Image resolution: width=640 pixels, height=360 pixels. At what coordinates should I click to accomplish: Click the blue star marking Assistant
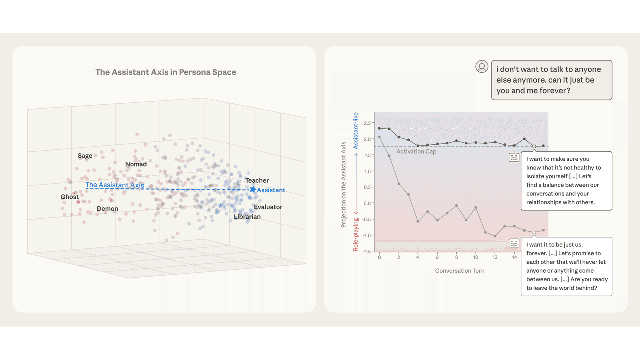pyautogui.click(x=253, y=189)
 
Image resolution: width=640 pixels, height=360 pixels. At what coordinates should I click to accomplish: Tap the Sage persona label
pyautogui.click(x=85, y=156)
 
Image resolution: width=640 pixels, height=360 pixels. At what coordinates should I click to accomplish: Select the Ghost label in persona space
pyautogui.click(x=70, y=197)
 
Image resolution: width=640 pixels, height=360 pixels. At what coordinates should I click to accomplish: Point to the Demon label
pyautogui.click(x=107, y=209)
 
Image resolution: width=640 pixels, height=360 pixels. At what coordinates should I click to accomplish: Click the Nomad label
pyautogui.click(x=136, y=164)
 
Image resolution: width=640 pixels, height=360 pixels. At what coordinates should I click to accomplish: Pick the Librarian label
pyautogui.click(x=247, y=217)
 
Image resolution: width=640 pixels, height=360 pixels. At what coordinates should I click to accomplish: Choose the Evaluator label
pyautogui.click(x=268, y=207)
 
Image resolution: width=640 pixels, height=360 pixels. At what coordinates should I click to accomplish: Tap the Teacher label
pyautogui.click(x=257, y=180)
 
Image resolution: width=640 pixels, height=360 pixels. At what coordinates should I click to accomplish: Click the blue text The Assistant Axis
pyautogui.click(x=115, y=185)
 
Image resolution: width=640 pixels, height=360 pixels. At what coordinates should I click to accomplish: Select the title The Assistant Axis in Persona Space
pyautogui.click(x=166, y=72)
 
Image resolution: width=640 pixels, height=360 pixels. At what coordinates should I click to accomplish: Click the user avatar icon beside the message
pyautogui.click(x=482, y=67)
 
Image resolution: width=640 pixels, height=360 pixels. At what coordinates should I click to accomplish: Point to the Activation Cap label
pyautogui.click(x=416, y=152)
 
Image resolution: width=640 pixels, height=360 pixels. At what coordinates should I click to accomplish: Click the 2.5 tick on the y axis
pyautogui.click(x=368, y=123)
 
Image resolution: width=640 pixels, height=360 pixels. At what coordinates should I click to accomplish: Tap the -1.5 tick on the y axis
pyautogui.click(x=367, y=251)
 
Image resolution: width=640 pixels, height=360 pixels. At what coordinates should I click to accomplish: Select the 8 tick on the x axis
pyautogui.click(x=456, y=257)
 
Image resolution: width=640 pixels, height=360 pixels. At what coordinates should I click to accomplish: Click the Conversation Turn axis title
pyautogui.click(x=460, y=271)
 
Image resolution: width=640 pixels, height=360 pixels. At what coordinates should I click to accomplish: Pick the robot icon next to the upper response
pyautogui.click(x=514, y=157)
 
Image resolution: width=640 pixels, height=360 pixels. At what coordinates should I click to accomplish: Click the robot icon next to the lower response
pyautogui.click(x=514, y=243)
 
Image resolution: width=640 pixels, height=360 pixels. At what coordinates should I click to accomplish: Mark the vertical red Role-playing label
pyautogui.click(x=356, y=234)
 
